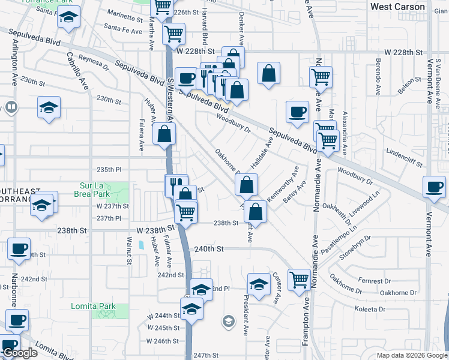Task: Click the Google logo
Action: [20, 353]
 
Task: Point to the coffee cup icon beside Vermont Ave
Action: [434, 187]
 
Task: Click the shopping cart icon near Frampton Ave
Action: [298, 279]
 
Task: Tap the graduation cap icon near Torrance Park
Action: [69, 17]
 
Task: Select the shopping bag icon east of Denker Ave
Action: [269, 74]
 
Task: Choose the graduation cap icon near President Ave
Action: [259, 284]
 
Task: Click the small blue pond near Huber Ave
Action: [140, 245]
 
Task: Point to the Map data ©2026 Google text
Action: [411, 355]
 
